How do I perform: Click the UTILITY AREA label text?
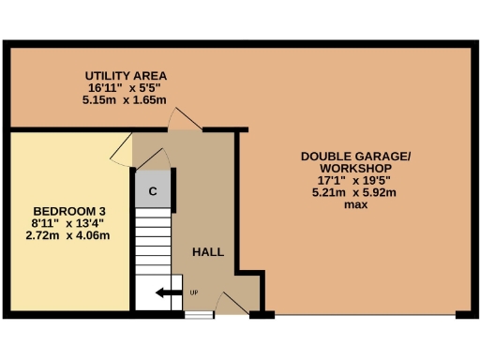pos(125,75)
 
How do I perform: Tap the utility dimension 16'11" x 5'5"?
pos(125,87)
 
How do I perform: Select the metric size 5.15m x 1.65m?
pos(125,98)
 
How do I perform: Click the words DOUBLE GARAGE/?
pos(355,156)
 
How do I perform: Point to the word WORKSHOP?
pos(355,168)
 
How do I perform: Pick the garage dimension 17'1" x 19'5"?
pos(355,180)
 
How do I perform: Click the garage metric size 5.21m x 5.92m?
pos(355,192)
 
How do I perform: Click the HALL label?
pos(207,252)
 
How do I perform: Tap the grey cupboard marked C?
pos(152,190)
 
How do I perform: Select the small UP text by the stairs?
pos(194,292)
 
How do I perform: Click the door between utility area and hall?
pos(183,119)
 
